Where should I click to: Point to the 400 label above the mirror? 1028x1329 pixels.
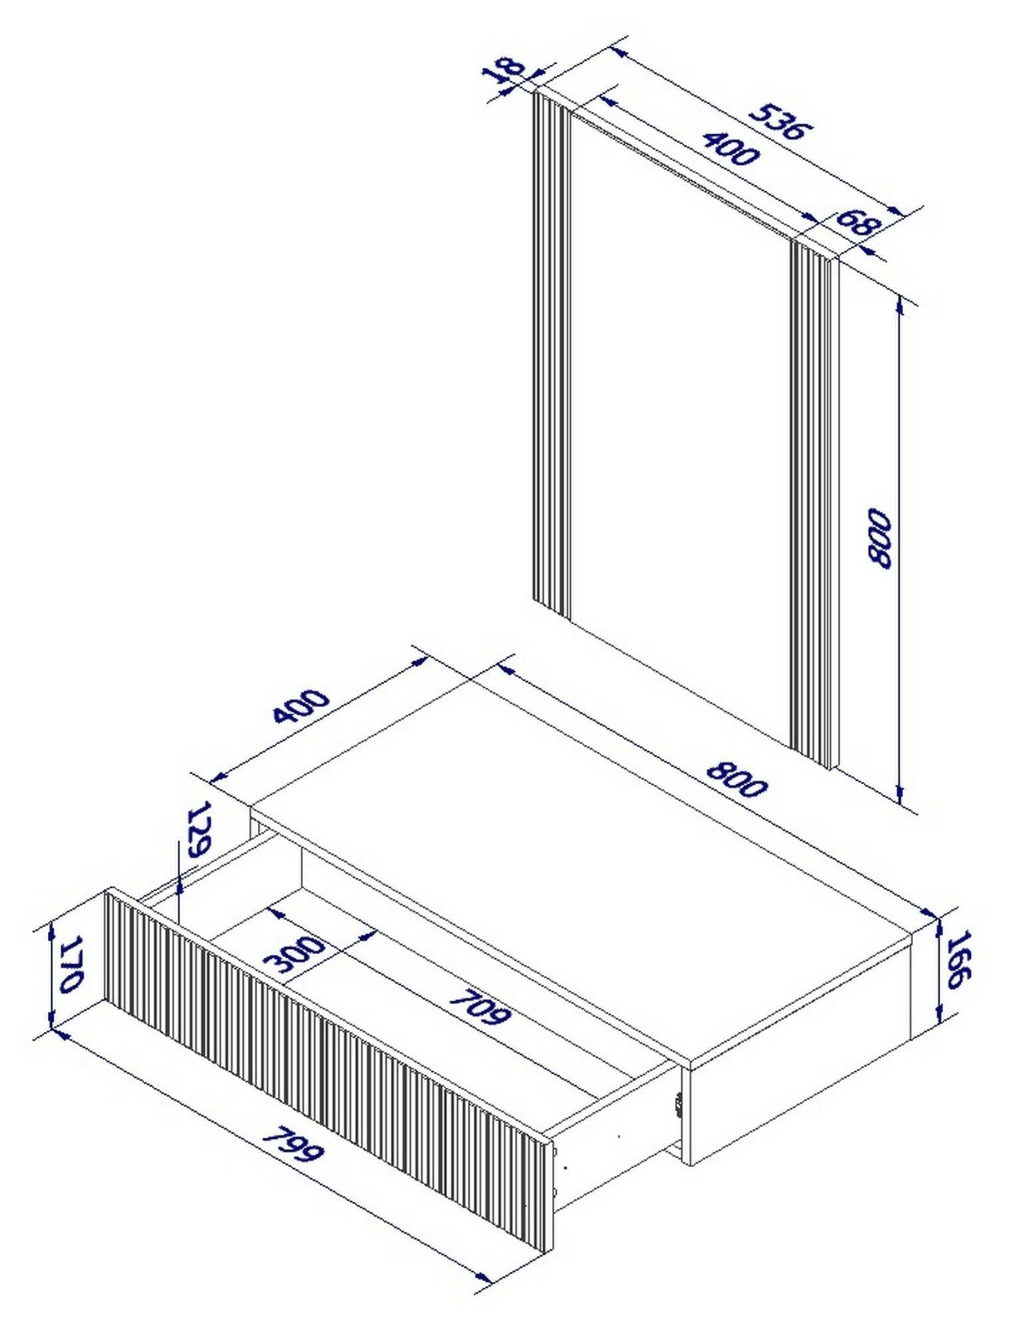tap(730, 148)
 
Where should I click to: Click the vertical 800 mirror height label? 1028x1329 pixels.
tap(878, 538)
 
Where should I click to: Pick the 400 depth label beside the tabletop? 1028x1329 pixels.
tap(300, 706)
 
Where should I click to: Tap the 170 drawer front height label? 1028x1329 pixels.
tap(70, 965)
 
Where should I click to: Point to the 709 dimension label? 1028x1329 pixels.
tap(480, 1008)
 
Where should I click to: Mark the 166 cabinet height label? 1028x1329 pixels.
tap(958, 958)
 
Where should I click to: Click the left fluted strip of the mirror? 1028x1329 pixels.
tap(551, 352)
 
